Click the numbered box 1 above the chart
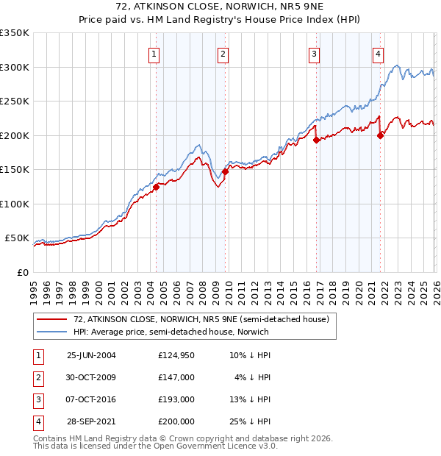coord(155,53)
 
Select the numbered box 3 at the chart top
coord(314,53)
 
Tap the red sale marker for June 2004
coord(156,187)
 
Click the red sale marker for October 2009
coord(225,172)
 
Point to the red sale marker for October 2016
coord(315,140)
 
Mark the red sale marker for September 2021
coord(380,135)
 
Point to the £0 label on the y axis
coord(23,273)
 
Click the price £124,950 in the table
coord(176,355)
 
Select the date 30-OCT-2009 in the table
coord(91,377)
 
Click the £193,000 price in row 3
coord(176,399)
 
